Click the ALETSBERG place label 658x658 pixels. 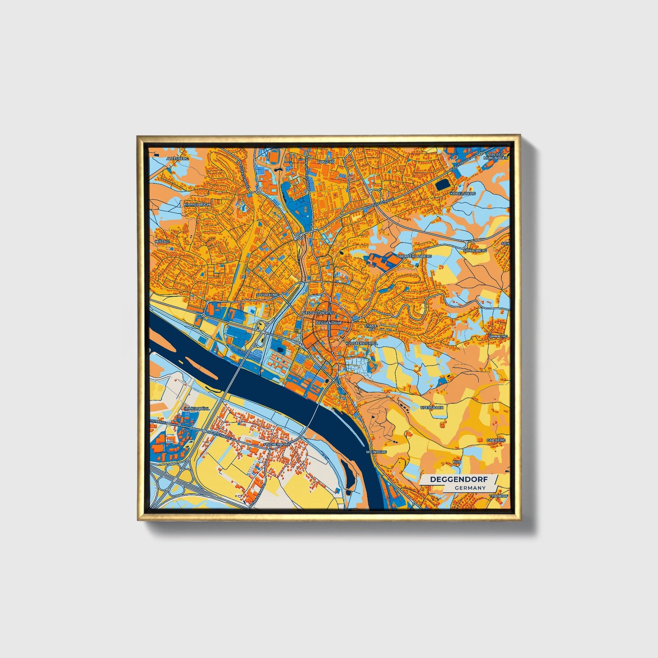177,158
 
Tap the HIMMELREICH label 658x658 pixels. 197,205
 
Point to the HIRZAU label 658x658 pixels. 162,241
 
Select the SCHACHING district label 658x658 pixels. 267,295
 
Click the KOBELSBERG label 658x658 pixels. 462,194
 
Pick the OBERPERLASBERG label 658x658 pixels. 413,256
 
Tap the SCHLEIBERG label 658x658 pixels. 474,250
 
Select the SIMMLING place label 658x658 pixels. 497,336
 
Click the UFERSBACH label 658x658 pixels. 431,408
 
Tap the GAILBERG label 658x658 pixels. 495,440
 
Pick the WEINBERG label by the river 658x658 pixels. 376,452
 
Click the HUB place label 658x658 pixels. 457,462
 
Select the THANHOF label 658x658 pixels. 498,496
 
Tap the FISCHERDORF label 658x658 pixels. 277,444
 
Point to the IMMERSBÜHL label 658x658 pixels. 197,409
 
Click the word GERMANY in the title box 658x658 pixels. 470,488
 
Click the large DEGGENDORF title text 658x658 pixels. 458,479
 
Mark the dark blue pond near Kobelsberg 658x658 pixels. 442,184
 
